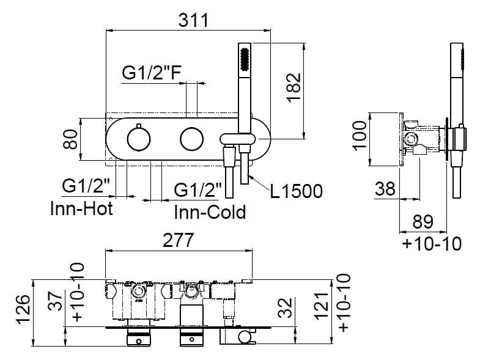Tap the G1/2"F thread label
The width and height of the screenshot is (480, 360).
tap(151, 73)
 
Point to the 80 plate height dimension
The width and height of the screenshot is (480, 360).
tap(71, 139)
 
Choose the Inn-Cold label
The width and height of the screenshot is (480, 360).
tap(210, 211)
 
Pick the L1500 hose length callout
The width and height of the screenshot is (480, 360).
tap(296, 191)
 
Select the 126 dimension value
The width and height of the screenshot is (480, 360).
tap(22, 310)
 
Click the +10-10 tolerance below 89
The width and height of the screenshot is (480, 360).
tap(432, 244)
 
